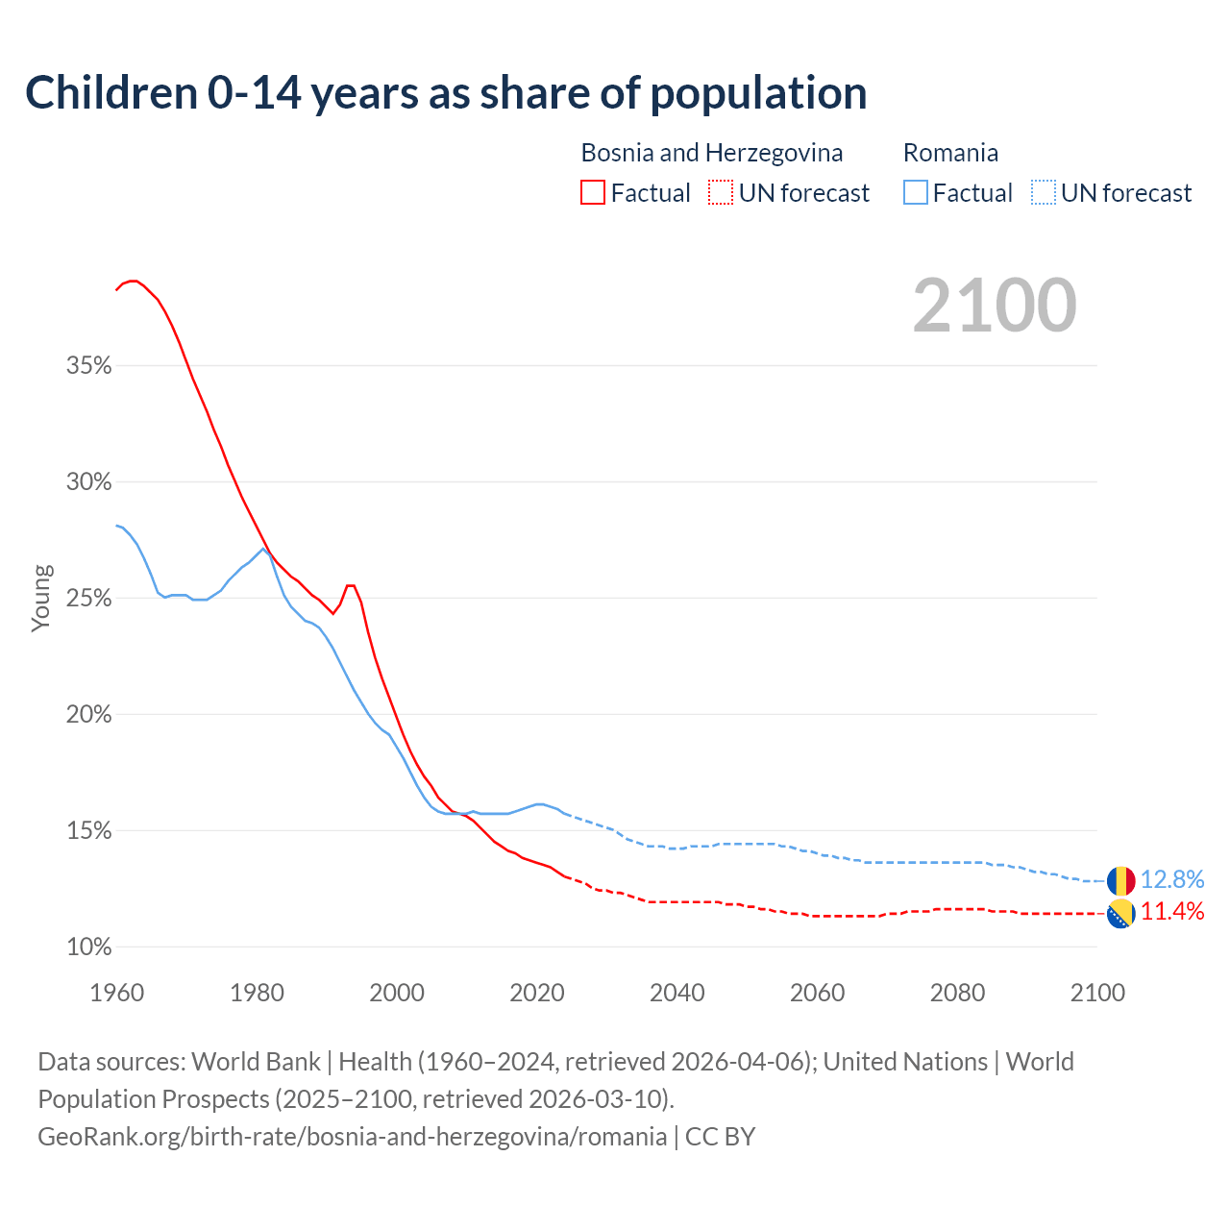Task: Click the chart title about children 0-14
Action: [x=446, y=93]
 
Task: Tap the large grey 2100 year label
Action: [x=995, y=305]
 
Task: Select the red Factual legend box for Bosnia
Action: [x=593, y=193]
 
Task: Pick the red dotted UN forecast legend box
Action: [x=721, y=193]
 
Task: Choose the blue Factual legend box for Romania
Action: [x=916, y=193]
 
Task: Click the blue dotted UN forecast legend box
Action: [x=1044, y=193]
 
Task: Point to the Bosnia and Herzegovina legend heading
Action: [x=711, y=153]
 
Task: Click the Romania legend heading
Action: [x=950, y=153]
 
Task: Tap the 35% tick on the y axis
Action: [x=89, y=366]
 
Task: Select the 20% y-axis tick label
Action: [x=89, y=715]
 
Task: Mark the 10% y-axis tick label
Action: [x=89, y=947]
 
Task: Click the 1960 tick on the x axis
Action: [x=117, y=993]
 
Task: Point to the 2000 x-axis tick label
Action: [x=397, y=993]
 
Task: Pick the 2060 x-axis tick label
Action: [x=817, y=993]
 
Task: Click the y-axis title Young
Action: [x=41, y=598]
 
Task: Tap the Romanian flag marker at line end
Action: [x=1120, y=880]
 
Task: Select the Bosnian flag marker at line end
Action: [x=1120, y=914]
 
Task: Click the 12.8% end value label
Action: [x=1172, y=880]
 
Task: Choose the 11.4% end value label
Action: [x=1172, y=912]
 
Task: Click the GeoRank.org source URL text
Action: [x=352, y=1137]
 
